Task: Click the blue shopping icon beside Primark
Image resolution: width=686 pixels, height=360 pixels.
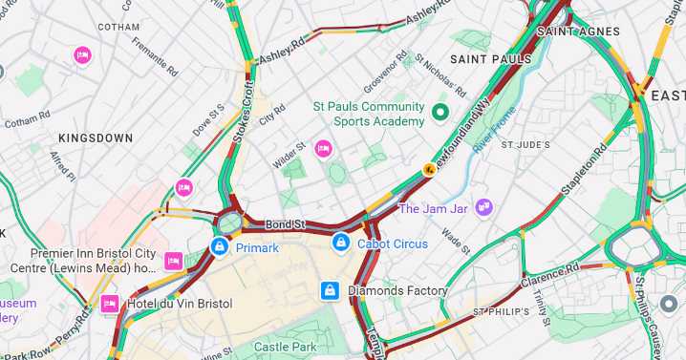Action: click(x=220, y=247)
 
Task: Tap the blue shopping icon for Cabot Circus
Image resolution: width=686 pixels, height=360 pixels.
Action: click(x=341, y=244)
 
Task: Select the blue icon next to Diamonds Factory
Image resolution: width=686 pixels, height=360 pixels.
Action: click(x=330, y=290)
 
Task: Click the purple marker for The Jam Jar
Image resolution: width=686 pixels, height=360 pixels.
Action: click(x=484, y=207)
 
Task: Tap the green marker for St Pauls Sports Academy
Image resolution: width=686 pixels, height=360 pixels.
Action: click(x=440, y=113)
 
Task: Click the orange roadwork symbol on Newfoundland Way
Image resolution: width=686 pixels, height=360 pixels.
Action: click(x=431, y=170)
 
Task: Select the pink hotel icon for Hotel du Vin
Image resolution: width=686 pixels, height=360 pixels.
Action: click(x=110, y=304)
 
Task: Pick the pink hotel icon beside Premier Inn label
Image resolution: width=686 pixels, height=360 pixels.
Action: click(x=173, y=261)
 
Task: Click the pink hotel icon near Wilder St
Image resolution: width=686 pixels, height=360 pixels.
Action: click(x=324, y=148)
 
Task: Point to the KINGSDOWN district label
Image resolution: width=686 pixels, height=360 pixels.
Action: click(x=96, y=138)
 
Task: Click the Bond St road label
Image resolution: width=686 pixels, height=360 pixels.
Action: click(x=285, y=224)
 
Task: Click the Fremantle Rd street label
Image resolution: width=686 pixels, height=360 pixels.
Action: click(x=155, y=56)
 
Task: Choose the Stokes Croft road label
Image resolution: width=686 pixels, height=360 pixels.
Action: click(x=248, y=111)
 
